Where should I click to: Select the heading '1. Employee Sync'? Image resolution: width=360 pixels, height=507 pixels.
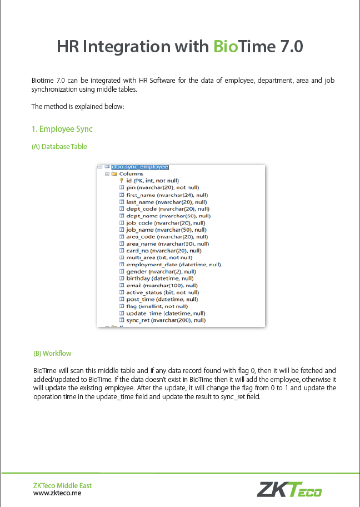[x=62, y=129]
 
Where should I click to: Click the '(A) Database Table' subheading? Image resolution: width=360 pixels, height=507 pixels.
[x=59, y=147]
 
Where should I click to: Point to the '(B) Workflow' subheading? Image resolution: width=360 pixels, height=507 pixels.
[x=52, y=353]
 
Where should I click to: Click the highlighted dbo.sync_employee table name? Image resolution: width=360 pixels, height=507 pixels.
[x=139, y=166]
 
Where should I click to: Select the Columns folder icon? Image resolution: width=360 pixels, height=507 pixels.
[x=114, y=173]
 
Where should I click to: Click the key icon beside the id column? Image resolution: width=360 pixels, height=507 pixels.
[x=121, y=181]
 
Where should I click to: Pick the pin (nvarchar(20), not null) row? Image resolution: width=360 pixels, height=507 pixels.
[x=162, y=187]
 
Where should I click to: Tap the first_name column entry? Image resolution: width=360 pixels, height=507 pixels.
[x=167, y=195]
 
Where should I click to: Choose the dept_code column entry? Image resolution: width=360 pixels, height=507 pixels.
[x=168, y=208]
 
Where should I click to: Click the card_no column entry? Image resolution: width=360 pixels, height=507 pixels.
[x=163, y=250]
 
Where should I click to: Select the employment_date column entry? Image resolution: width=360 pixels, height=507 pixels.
[x=173, y=264]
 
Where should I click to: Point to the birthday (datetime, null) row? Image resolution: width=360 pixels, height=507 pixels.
[x=159, y=278]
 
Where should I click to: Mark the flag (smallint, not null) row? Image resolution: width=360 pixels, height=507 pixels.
[x=157, y=306]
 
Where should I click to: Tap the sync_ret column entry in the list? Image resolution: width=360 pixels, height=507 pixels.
[x=166, y=320]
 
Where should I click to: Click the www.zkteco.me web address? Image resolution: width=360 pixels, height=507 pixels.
[x=57, y=493]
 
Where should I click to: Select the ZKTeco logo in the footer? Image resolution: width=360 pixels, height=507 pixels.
[x=289, y=489]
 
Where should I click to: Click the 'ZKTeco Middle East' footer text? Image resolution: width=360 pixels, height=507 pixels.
[x=62, y=485]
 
